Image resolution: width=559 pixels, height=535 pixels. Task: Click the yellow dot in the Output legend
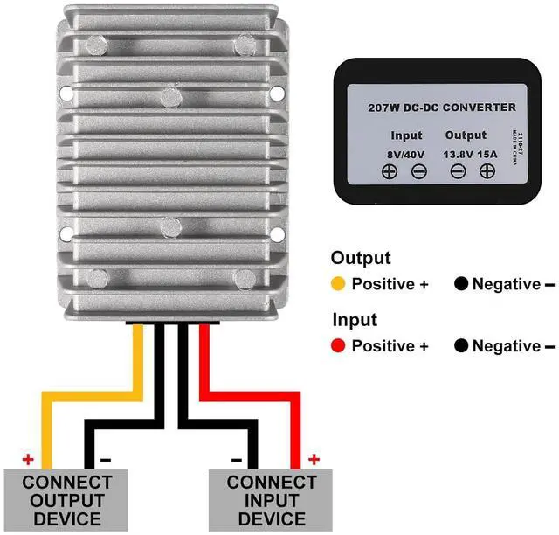tap(337, 284)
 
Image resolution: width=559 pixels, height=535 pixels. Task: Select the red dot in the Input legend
tap(337, 346)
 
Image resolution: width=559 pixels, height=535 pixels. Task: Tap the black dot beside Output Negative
tap(460, 284)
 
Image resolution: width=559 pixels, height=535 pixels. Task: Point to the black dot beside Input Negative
tap(460, 346)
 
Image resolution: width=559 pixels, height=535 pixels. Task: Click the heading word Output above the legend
tap(360, 259)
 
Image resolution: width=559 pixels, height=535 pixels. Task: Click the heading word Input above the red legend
tap(354, 320)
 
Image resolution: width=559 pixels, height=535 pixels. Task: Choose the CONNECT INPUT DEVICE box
tap(272, 500)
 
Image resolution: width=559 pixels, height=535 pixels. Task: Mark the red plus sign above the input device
tap(314, 459)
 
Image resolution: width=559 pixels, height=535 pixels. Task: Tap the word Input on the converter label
tap(407, 135)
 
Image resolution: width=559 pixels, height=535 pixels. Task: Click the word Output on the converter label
tap(465, 135)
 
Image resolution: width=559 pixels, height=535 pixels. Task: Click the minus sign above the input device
tap(236, 459)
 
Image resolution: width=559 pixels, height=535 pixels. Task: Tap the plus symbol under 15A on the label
tap(486, 172)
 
